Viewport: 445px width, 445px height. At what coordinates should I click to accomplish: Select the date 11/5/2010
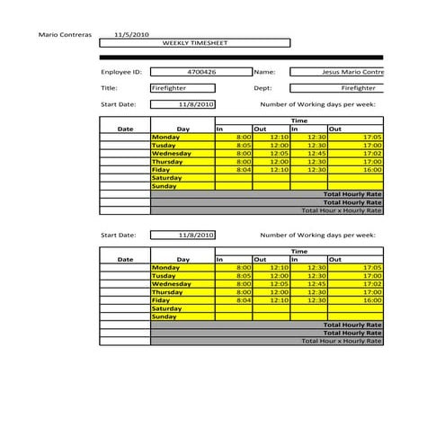click(x=130, y=34)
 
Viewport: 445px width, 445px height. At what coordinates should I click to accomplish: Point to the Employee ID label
click(x=121, y=71)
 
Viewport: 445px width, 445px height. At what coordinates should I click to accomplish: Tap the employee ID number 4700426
click(x=201, y=71)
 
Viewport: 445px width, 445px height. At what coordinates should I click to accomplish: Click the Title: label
click(x=110, y=88)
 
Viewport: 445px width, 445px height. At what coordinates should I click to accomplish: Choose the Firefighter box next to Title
click(x=182, y=88)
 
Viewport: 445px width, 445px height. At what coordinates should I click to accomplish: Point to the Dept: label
click(x=263, y=88)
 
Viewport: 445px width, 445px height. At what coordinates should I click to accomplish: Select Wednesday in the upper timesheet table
click(x=172, y=154)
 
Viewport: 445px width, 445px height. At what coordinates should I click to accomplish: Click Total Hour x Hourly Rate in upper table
click(x=342, y=210)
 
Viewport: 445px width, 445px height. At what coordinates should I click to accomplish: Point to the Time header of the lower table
click(x=298, y=252)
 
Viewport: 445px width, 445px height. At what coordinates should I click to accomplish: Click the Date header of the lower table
click(x=125, y=259)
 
